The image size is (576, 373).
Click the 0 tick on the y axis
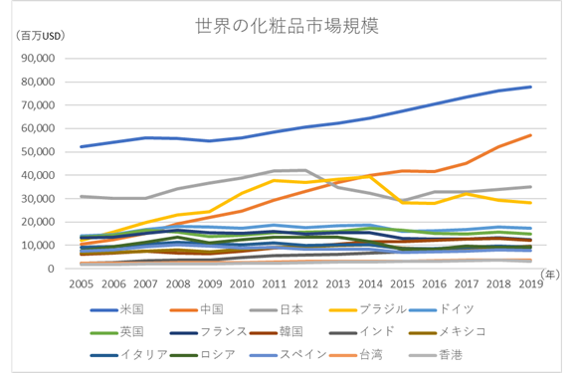tap(70, 269)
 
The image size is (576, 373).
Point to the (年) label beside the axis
tap(553, 272)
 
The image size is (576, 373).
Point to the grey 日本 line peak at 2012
tap(305, 170)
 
